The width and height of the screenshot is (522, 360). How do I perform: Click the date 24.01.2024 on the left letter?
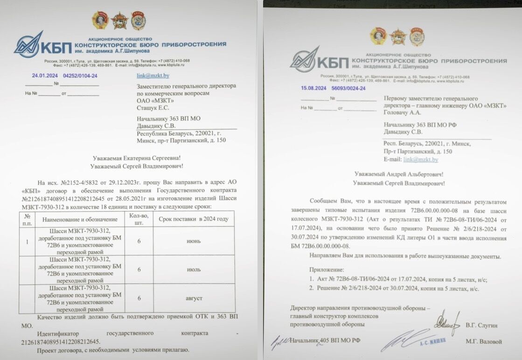pos(44,76)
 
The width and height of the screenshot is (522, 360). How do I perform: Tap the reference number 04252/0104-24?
pos(80,76)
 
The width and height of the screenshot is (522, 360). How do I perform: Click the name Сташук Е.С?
pos(153,108)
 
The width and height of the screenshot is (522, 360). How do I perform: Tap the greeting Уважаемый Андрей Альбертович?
pos(398,174)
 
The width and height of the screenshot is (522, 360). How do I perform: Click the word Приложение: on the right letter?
pos(326,270)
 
